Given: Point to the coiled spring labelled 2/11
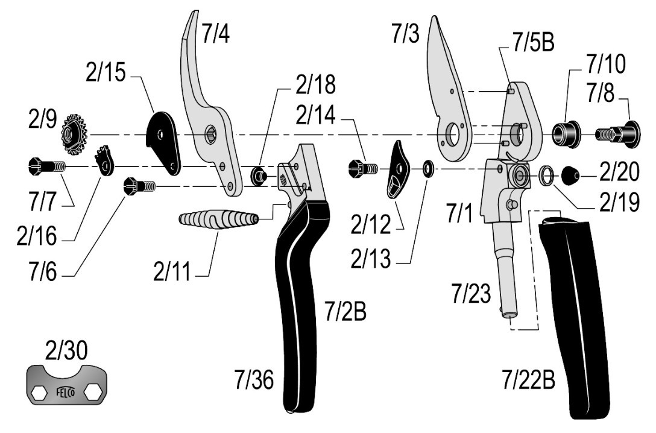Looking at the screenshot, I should pos(219,218).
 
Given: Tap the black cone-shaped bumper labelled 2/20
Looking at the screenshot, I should pos(571,177).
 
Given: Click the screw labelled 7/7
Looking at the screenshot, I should pos(45,165).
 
